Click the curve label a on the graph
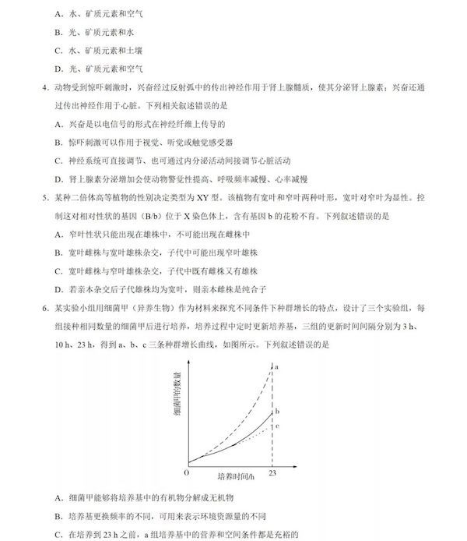click(x=276, y=366)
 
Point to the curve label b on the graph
click(x=277, y=411)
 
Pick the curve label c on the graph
click(x=277, y=426)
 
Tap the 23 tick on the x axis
click(x=272, y=473)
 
